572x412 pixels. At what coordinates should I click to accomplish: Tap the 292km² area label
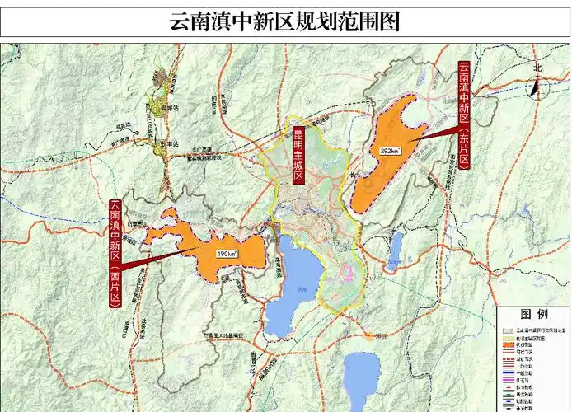(x=390, y=152)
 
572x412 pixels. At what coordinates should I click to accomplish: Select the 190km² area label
(x=227, y=255)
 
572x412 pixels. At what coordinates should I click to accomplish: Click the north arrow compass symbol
(x=535, y=86)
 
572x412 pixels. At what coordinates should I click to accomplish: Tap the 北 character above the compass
(x=537, y=68)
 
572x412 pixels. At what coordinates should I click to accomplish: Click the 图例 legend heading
(x=533, y=314)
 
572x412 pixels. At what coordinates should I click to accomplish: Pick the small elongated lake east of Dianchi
(x=396, y=245)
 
